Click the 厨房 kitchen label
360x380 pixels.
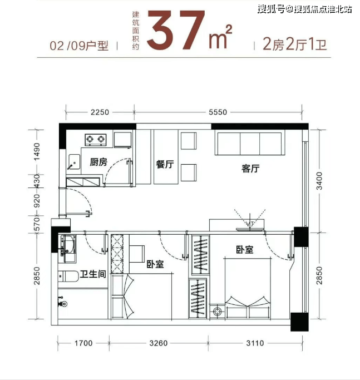(98, 162)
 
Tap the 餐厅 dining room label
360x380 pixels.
(165, 164)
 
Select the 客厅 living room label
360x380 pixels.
(250, 168)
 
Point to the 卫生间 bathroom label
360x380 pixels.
(93, 274)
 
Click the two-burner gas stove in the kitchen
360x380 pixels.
(96, 140)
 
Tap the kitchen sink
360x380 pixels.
(74, 162)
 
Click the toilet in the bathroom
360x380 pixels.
(68, 277)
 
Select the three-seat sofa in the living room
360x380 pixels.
(250, 144)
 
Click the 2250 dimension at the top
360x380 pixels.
(100, 112)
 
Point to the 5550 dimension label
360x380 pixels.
(218, 112)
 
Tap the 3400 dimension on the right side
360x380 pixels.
(319, 181)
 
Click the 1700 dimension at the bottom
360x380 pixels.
(83, 343)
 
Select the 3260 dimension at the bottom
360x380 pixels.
(159, 343)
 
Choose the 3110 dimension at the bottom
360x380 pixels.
(255, 343)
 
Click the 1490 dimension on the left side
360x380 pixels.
(37, 152)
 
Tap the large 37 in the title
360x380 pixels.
(175, 30)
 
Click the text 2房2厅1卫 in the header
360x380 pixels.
(295, 45)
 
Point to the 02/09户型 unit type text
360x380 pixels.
(79, 46)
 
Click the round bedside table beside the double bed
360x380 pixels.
(217, 312)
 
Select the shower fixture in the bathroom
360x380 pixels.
(62, 302)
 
